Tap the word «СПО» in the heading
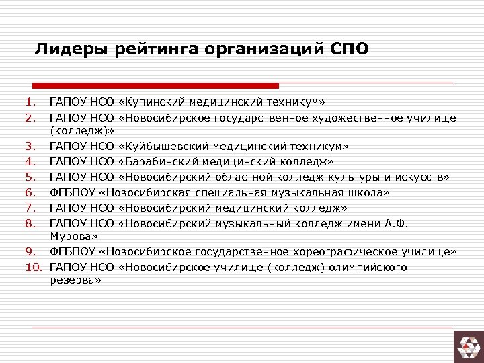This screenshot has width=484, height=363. pyautogui.click(x=350, y=50)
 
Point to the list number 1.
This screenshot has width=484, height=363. pyautogui.click(x=29, y=102)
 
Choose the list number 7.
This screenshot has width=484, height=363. pyautogui.click(x=29, y=208)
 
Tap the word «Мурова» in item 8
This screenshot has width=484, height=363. pyautogui.click(x=72, y=237)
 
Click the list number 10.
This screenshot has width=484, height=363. pyautogui.click(x=34, y=267)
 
